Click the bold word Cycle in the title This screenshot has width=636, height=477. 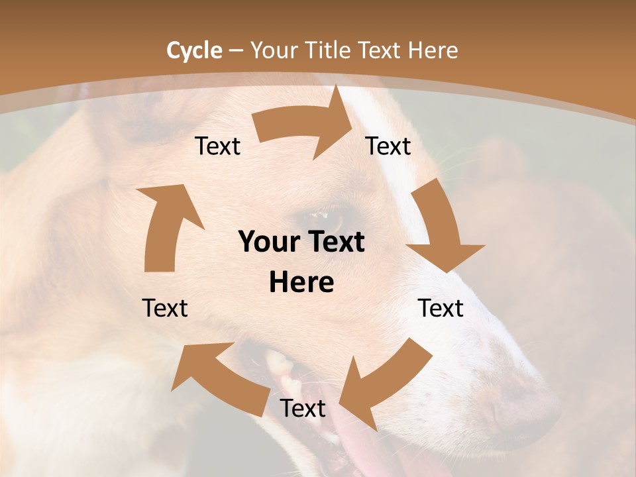[194, 50]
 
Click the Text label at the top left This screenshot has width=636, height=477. [218, 146]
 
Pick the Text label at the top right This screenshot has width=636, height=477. [388, 146]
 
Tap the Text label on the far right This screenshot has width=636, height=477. [441, 308]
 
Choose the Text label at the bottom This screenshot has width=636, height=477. [303, 408]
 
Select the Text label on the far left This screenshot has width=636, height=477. [165, 308]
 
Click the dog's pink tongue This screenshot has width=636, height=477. [358, 450]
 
